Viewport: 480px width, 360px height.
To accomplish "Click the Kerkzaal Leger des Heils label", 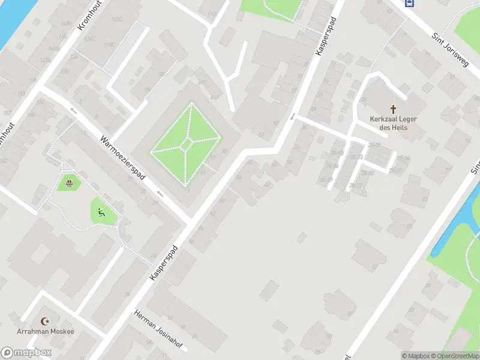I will click(x=394, y=122).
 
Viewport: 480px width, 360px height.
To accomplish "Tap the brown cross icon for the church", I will click(x=394, y=109).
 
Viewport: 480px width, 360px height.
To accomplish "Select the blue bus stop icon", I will click(x=409, y=3).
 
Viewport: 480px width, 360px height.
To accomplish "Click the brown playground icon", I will click(x=69, y=183).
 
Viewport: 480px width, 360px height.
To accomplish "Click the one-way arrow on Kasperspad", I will click(x=293, y=116).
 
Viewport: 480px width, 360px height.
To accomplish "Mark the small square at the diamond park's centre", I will click(x=188, y=144).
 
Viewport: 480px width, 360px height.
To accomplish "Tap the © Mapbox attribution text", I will click(x=416, y=356).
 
